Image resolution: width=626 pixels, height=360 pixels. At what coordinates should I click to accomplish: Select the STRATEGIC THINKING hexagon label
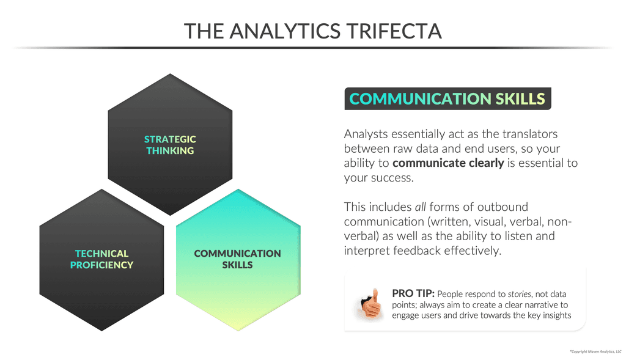coord(170,145)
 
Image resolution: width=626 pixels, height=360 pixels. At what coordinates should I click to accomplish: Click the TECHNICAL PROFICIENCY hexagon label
coord(101,259)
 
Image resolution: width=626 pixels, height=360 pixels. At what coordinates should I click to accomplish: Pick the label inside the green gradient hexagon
coord(237,259)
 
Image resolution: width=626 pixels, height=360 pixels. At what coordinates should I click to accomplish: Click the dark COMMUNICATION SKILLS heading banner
coord(447,99)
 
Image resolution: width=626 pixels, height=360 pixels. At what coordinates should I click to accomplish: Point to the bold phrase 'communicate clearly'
coord(448,163)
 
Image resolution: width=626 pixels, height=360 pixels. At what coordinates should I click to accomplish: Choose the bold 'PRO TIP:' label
coord(413,293)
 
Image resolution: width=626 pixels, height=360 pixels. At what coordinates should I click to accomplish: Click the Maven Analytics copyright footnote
coord(595,352)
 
